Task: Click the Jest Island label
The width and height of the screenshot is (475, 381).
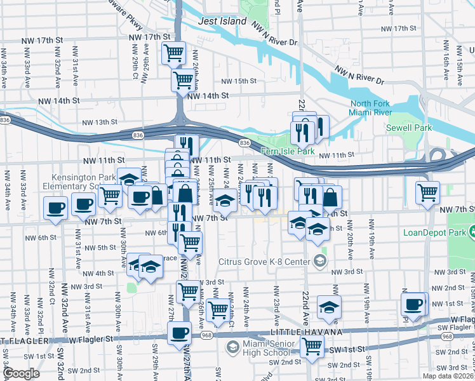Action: (x=222, y=21)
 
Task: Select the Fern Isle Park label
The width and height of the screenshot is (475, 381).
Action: (x=287, y=151)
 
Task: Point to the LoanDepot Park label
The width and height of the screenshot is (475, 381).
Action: (x=434, y=232)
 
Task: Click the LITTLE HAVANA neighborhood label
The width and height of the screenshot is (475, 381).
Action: (x=306, y=332)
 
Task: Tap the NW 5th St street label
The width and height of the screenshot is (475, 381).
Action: (x=101, y=247)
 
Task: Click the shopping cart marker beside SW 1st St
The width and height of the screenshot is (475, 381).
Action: (x=312, y=345)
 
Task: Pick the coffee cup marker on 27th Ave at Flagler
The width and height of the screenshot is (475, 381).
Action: (x=179, y=332)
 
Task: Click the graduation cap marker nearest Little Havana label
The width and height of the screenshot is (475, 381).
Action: (x=328, y=307)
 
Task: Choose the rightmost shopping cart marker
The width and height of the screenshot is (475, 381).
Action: (x=427, y=191)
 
